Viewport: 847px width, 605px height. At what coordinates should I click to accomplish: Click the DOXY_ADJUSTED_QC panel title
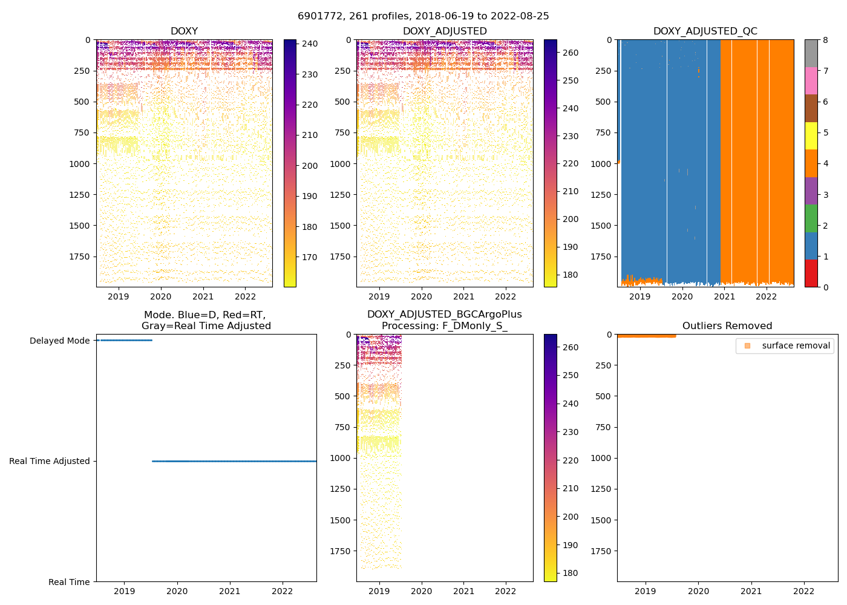click(x=705, y=31)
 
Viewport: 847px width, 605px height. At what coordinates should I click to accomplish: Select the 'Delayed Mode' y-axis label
click(x=59, y=341)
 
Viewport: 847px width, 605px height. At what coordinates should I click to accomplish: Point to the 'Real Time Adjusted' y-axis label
click(x=50, y=461)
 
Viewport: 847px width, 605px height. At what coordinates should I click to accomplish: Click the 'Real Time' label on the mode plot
click(x=69, y=582)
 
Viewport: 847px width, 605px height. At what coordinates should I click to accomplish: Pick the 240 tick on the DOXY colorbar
click(x=310, y=44)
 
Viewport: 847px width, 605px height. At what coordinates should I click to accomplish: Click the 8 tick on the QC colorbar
click(x=825, y=40)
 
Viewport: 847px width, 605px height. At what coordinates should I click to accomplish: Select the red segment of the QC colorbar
click(x=811, y=273)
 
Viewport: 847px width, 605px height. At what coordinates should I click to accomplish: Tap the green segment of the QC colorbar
click(x=811, y=218)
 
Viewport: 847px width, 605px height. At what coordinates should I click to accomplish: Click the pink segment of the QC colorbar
click(x=811, y=81)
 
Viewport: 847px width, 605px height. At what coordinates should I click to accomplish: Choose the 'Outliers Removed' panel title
click(x=727, y=326)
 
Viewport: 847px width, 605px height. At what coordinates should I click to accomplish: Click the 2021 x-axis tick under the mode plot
click(x=230, y=591)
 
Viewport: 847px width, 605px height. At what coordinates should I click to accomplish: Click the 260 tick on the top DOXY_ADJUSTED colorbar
click(x=571, y=53)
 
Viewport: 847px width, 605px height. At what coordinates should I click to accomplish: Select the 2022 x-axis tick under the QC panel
click(x=767, y=296)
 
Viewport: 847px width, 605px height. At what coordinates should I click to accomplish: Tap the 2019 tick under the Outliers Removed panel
click(x=646, y=591)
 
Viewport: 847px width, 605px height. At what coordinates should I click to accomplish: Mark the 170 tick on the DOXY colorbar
click(x=310, y=257)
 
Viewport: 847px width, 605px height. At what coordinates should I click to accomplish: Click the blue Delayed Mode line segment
click(x=124, y=340)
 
